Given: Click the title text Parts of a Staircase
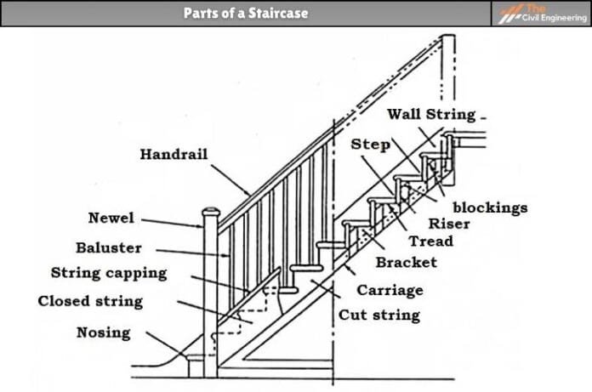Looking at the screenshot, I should (245, 14).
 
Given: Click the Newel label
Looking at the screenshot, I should (111, 219).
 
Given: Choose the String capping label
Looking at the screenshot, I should (109, 274).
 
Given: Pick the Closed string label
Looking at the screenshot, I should (90, 302).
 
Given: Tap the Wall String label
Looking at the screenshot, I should (431, 114).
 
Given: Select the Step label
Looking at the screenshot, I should (371, 145).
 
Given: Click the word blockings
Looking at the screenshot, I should (489, 207).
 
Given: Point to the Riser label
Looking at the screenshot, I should (448, 224).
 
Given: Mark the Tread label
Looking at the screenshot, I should (430, 241).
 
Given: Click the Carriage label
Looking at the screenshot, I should (390, 290).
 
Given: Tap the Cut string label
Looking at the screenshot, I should (379, 315).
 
